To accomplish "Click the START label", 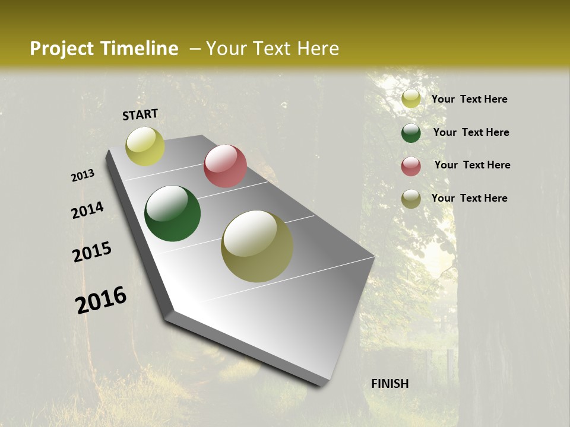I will pyautogui.click(x=140, y=114).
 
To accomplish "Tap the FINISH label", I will pyautogui.click(x=390, y=384).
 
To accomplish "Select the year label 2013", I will pyautogui.click(x=83, y=176).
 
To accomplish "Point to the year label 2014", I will pyautogui.click(x=88, y=211).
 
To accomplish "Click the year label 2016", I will pyautogui.click(x=101, y=299).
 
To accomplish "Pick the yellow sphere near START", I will pyautogui.click(x=145, y=146).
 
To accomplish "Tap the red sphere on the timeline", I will pyautogui.click(x=225, y=166).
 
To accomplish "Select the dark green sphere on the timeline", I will pyautogui.click(x=173, y=213).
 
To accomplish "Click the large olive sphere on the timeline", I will pyautogui.click(x=257, y=246).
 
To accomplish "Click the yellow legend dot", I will pyautogui.click(x=411, y=99).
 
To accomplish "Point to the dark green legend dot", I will pyautogui.click(x=411, y=133).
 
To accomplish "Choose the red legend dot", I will pyautogui.click(x=411, y=166).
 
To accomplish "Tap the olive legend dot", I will pyautogui.click(x=411, y=199).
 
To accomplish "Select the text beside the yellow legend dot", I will pyautogui.click(x=470, y=99).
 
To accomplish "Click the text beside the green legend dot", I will pyautogui.click(x=471, y=132).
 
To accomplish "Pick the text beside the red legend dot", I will pyautogui.click(x=473, y=165).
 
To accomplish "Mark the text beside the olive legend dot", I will pyautogui.click(x=470, y=198).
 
